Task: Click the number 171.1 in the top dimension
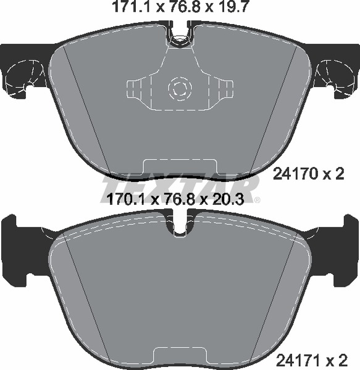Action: coord(134,7)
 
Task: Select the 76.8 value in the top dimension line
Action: coord(183,7)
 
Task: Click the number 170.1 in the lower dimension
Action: coord(128,199)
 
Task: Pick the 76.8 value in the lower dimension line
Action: coord(179,199)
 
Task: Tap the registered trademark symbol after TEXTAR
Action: coord(257,200)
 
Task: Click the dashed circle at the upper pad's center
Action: coord(180,88)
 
